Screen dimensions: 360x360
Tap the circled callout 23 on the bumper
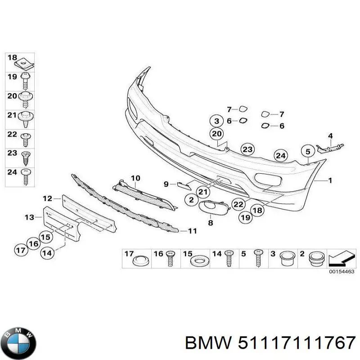247,149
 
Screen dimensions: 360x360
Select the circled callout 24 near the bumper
280,156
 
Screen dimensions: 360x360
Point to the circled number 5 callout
308,152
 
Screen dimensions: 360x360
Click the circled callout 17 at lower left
21,250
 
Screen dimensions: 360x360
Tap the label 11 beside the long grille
193,230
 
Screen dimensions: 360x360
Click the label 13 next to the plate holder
29,217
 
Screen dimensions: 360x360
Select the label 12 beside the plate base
48,198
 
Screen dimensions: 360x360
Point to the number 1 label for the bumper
330,181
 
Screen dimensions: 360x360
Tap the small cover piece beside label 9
184,186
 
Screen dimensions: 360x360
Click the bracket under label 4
330,148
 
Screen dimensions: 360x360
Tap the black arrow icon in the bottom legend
339,258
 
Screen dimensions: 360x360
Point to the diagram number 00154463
342,272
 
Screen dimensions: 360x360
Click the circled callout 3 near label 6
216,121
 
